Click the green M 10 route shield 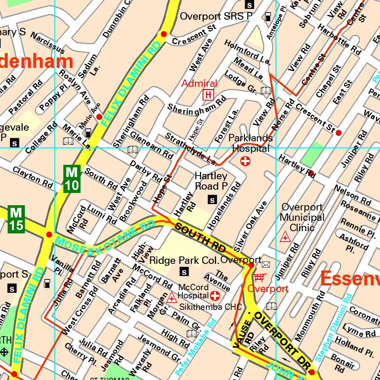point(72,179)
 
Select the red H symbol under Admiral point(208,95)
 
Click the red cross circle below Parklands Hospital point(245,161)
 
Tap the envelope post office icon point(266,265)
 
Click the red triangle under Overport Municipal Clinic point(285,237)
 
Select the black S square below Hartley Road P point(212,200)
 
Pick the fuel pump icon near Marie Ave point(88,132)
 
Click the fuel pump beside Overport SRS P point(268,17)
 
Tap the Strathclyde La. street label point(191,149)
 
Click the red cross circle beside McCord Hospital point(215,296)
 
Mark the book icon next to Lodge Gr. point(266,90)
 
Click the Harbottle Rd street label point(339,40)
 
